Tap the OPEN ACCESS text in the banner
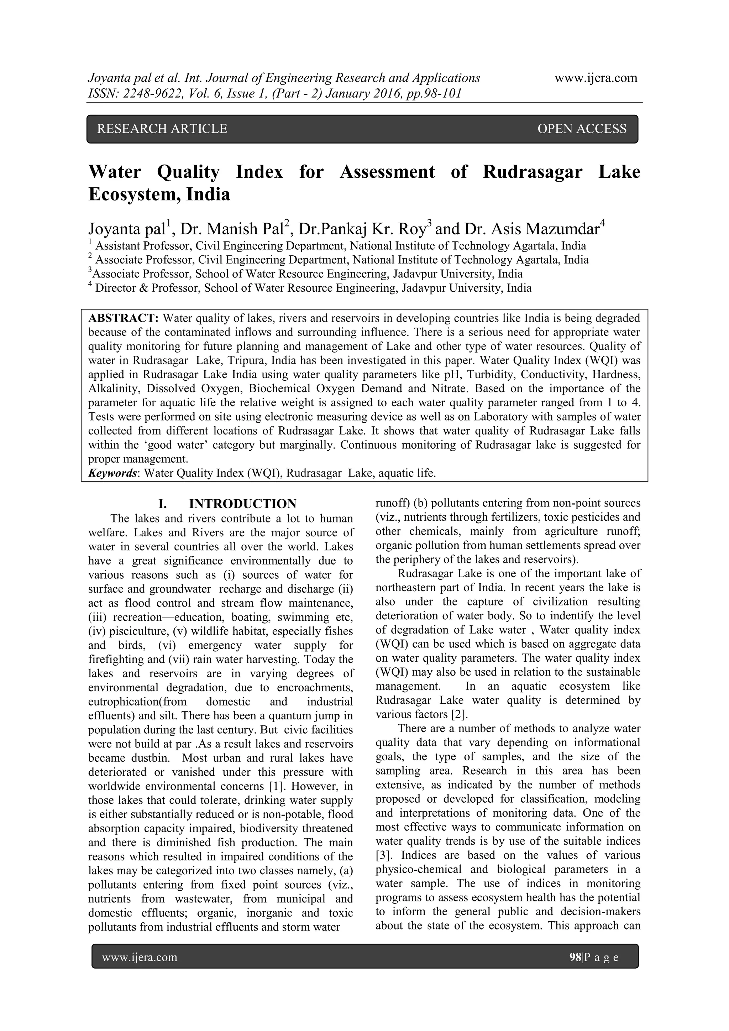point(582,129)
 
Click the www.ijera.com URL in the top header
point(596,78)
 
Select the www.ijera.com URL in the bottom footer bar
point(140,957)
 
